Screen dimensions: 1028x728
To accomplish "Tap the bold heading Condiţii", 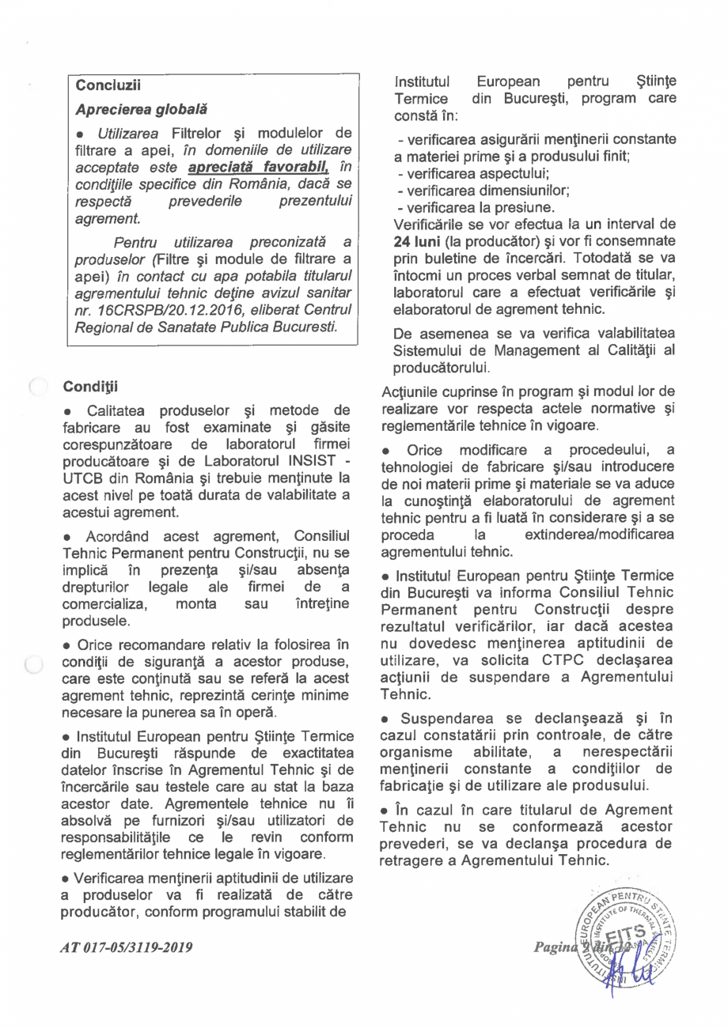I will coord(91,387).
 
